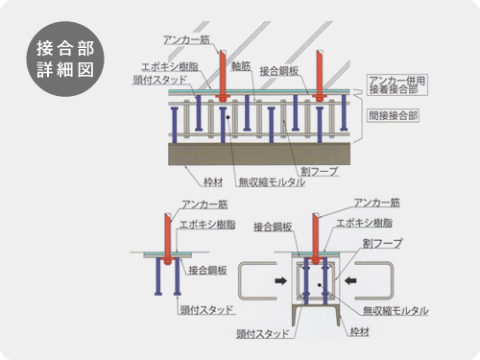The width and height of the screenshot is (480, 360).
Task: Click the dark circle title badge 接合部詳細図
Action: tap(65, 59)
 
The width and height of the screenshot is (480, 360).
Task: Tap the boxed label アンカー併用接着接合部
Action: tap(397, 84)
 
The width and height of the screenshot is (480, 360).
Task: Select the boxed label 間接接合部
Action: tap(394, 115)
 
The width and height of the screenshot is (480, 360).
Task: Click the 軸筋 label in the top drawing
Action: tap(241, 66)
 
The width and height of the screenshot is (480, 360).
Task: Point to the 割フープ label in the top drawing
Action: tap(319, 171)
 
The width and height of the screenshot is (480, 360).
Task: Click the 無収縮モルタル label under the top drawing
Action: tap(272, 182)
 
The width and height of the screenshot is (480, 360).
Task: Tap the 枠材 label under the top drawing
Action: tap(213, 182)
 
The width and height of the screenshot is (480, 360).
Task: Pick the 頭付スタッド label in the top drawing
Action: tap(159, 80)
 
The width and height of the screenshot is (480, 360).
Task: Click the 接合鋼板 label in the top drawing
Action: tap(279, 71)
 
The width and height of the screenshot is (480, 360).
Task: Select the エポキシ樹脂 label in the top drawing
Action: tap(170, 66)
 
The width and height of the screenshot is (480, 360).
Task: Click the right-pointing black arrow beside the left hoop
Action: tap(280, 280)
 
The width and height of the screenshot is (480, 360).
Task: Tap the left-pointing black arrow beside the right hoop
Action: tap(350, 280)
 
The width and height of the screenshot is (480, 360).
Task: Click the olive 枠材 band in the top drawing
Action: tap(259, 154)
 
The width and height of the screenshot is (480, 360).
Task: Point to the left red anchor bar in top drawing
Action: tap(223, 74)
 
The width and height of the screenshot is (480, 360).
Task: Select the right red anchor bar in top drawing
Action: tap(319, 74)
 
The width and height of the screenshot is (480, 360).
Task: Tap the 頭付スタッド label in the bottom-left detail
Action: tap(206, 309)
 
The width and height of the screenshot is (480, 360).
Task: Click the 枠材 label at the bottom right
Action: tap(359, 331)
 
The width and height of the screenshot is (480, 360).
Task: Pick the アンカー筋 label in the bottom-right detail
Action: tap(376, 203)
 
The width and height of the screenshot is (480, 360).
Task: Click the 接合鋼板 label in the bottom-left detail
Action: tap(207, 270)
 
